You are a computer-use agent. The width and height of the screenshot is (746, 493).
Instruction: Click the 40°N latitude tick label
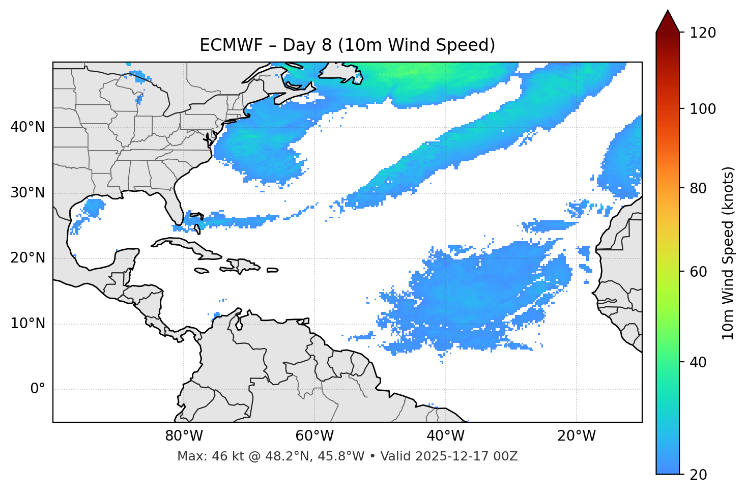[x=27, y=127]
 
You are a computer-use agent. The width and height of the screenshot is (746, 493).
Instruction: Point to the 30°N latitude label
[x=27, y=193]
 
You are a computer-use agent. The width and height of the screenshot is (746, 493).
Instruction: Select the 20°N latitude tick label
[x=27, y=258]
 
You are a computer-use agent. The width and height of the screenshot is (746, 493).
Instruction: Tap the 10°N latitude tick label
[x=27, y=324]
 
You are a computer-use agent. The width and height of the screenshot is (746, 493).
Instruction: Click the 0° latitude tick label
[x=38, y=389]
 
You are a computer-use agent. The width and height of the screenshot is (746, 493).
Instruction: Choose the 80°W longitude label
[x=184, y=436]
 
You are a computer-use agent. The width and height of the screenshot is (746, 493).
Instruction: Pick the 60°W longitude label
[x=314, y=436]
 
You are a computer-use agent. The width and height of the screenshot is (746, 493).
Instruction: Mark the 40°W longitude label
[x=446, y=436]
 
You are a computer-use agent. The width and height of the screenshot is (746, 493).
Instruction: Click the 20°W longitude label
[x=577, y=436]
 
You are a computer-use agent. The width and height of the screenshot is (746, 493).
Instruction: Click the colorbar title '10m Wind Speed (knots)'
[x=729, y=253]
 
